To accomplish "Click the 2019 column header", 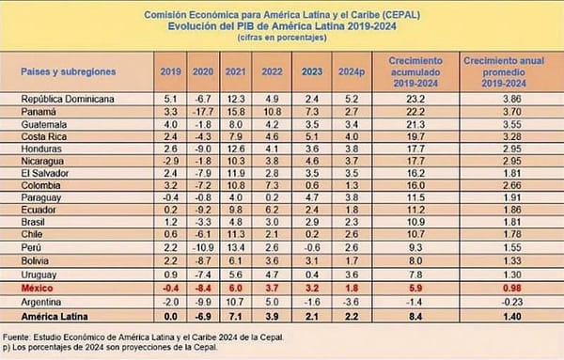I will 169,70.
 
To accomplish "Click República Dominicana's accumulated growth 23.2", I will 419,98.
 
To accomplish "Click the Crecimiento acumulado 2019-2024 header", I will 419,70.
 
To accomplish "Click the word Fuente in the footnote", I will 21,336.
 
